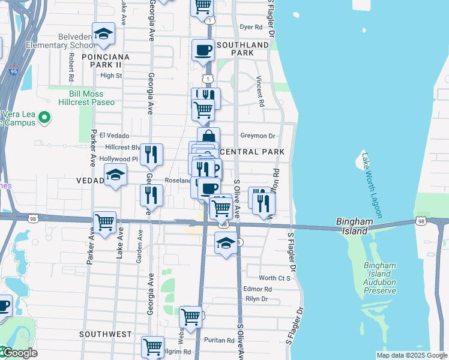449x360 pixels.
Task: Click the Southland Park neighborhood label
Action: coord(243,49)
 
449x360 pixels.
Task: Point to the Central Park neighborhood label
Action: coord(252,152)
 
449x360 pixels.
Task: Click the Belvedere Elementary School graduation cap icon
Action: coord(103,35)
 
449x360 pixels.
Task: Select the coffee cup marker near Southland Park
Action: coord(203,50)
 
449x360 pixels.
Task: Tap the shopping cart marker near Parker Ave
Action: coord(105,223)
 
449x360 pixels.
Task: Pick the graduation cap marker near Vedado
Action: coord(116,175)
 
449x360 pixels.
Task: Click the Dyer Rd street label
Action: coord(252,27)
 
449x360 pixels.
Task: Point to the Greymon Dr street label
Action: coord(258,136)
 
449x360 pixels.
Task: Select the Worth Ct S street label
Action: coord(274,278)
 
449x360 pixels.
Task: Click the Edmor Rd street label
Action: coord(258,289)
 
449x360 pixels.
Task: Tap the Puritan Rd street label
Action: coord(218,340)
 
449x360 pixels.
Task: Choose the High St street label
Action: coord(111,76)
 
